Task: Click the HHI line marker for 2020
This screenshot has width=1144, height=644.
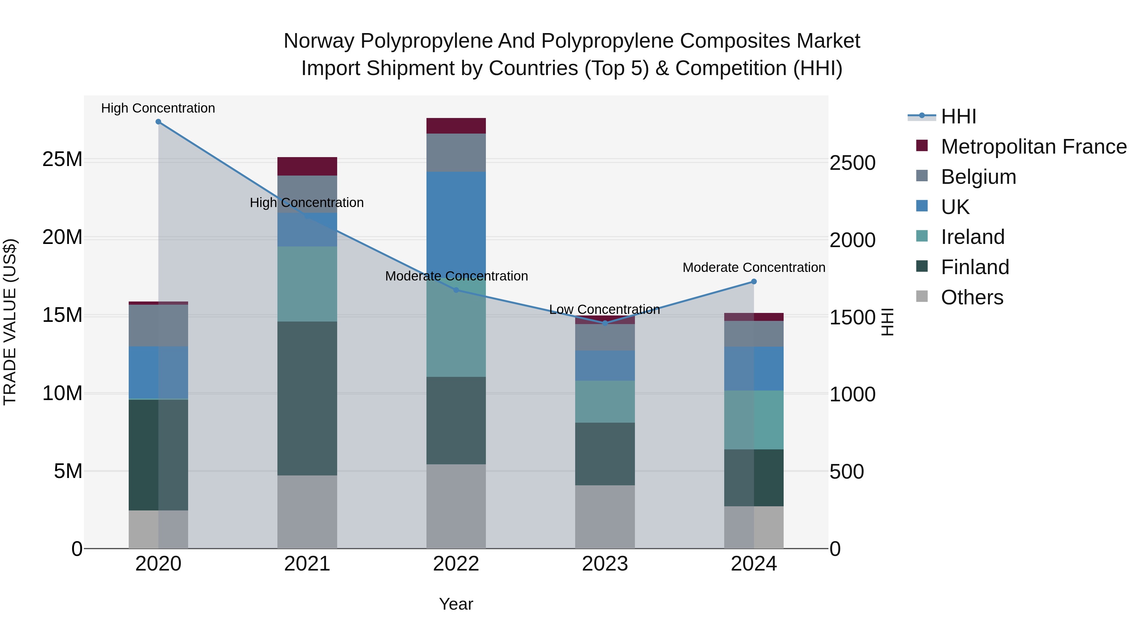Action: click(158, 122)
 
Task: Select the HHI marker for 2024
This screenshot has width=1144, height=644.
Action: click(754, 282)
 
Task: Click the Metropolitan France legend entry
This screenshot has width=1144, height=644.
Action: click(1033, 147)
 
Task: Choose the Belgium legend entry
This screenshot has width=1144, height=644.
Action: click(978, 177)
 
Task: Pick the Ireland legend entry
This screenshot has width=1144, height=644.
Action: click(973, 237)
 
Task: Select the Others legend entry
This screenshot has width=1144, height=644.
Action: click(972, 297)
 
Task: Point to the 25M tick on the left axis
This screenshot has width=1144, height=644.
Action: click(62, 159)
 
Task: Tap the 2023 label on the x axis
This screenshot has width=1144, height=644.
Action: click(605, 564)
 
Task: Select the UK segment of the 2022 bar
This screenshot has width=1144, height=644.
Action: click(456, 222)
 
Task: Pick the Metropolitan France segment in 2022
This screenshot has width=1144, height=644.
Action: click(456, 126)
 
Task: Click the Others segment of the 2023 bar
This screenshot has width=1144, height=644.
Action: click(605, 516)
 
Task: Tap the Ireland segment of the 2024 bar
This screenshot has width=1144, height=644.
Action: click(754, 420)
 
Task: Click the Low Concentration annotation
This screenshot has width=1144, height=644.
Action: click(604, 309)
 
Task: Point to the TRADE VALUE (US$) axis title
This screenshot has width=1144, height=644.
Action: click(10, 322)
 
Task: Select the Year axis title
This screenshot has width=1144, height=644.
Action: click(456, 604)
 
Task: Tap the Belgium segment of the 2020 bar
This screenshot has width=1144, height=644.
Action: click(158, 325)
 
